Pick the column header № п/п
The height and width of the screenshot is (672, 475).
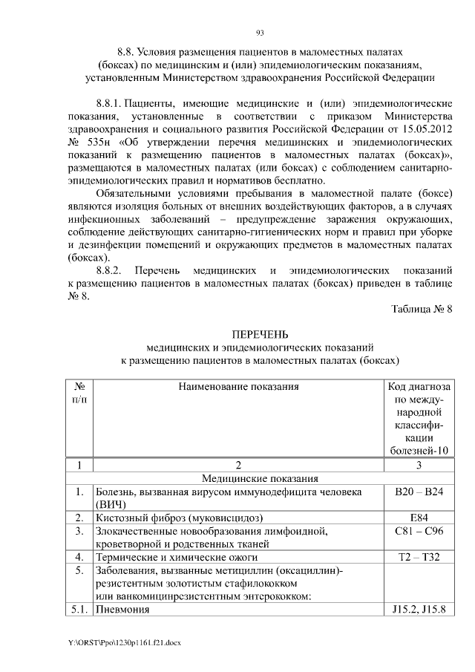coord(79,394)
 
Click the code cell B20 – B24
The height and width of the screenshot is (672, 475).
coord(419,492)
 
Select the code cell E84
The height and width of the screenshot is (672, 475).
coord(419,518)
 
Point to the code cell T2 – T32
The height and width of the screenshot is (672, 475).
coord(419,557)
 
